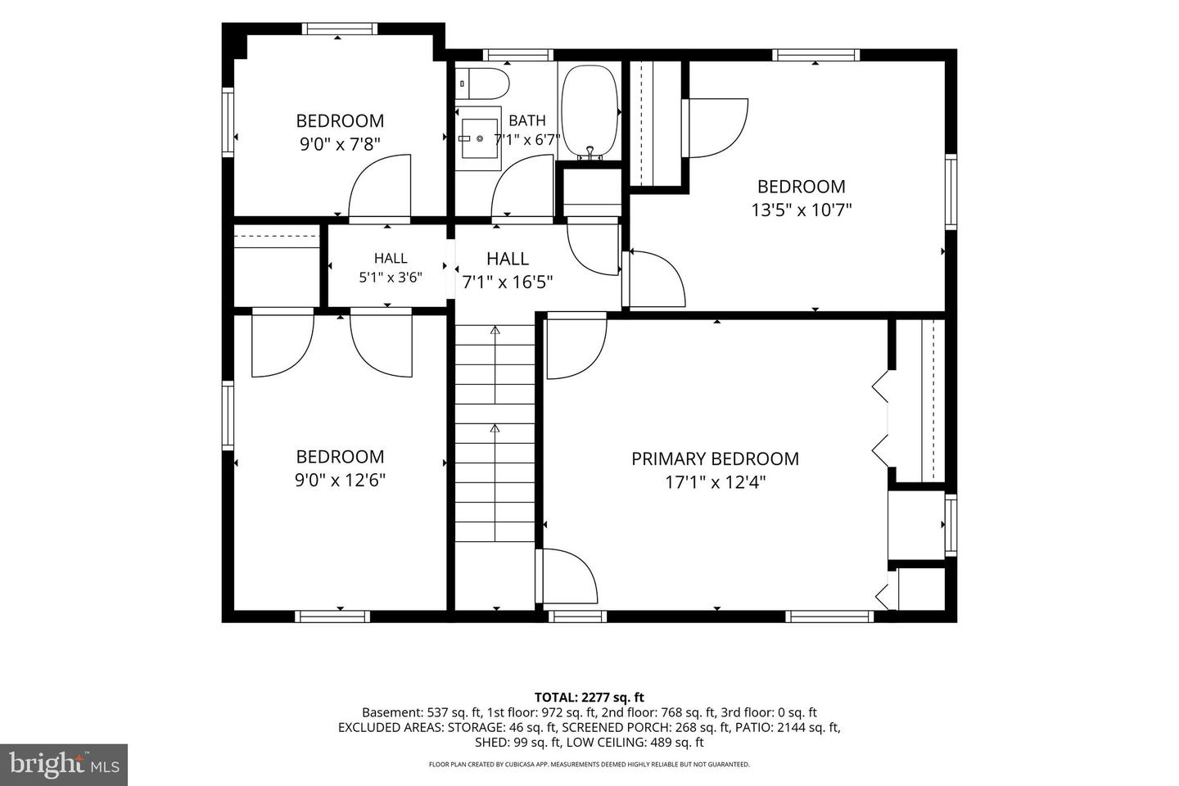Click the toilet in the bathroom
(x=482, y=84)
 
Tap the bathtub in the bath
(x=589, y=111)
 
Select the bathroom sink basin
(x=480, y=138)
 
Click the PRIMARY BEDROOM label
(x=715, y=458)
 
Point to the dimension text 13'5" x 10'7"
(x=801, y=210)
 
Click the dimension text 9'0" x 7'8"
(x=340, y=144)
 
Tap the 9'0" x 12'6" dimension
(x=340, y=480)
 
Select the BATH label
(x=527, y=120)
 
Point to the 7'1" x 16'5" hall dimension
(x=508, y=282)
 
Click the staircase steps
(x=495, y=433)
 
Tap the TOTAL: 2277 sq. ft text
(x=589, y=698)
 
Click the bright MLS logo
(x=64, y=765)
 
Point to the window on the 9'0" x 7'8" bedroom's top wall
(x=340, y=29)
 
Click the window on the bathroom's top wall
(x=518, y=56)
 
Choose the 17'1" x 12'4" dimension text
(x=715, y=482)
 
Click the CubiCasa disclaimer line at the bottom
(x=589, y=765)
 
